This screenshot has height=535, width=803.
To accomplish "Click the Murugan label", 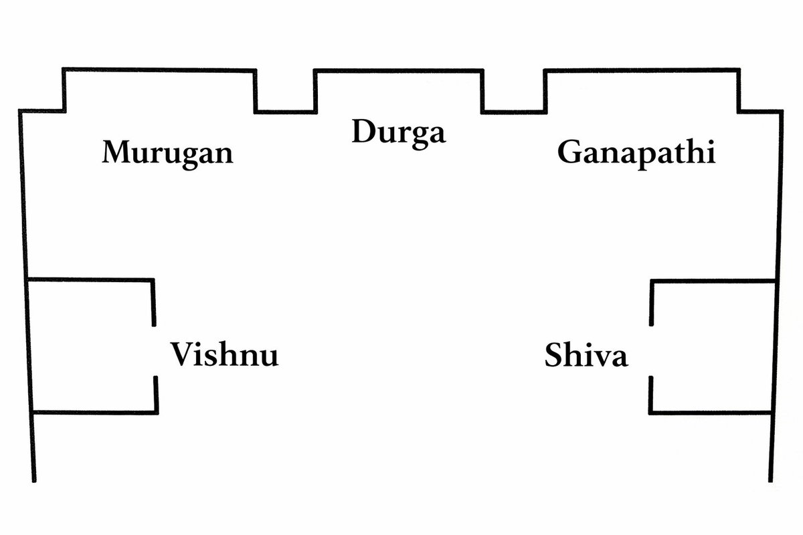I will click(167, 153).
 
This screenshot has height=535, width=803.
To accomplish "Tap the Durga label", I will click(398, 132).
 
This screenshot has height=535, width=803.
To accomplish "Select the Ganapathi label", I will click(636, 153).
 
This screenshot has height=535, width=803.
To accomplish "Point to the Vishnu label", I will click(224, 354).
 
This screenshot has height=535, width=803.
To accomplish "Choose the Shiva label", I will click(586, 356).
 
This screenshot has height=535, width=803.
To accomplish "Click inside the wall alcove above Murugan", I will click(159, 90).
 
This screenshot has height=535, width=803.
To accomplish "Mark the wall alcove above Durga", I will click(398, 90).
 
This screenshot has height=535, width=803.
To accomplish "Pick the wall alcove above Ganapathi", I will click(642, 90).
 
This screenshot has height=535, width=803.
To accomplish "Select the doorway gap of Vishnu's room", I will click(155, 351).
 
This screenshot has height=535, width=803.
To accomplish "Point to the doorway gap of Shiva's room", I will click(650, 351).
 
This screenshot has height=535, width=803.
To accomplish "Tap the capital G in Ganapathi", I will click(569, 152).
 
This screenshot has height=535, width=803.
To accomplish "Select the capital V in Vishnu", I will click(182, 354).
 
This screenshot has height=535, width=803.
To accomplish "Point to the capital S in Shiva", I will click(555, 356).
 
